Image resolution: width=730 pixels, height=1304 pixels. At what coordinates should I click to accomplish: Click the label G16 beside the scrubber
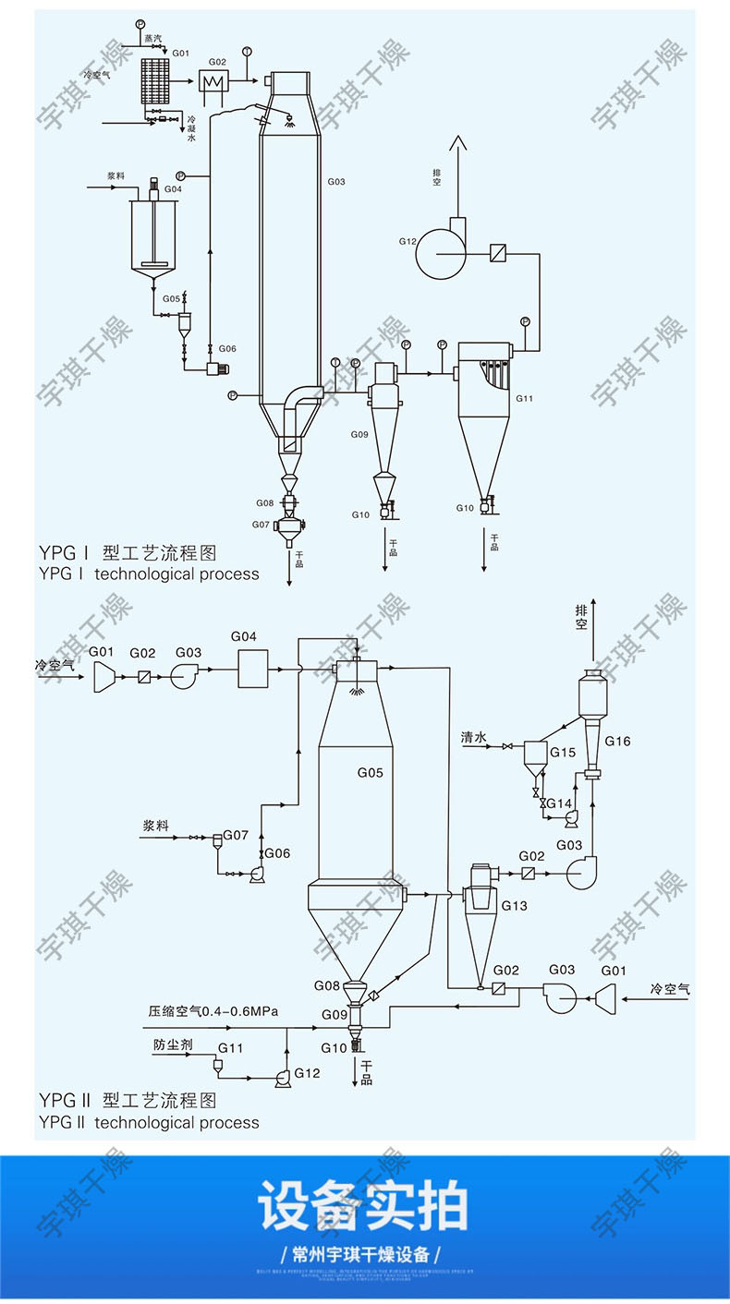(617, 741)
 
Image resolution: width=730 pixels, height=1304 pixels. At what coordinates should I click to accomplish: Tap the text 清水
(474, 737)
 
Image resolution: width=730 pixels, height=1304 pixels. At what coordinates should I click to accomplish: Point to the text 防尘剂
(173, 1046)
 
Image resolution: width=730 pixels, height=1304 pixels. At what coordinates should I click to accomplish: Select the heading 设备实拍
(363, 1204)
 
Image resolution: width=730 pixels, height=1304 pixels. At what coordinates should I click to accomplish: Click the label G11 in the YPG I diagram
(525, 399)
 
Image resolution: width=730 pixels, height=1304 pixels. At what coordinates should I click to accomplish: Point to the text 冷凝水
(191, 128)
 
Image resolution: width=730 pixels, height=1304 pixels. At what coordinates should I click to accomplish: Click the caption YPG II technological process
(149, 1122)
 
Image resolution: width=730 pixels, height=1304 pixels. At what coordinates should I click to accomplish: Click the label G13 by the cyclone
(514, 906)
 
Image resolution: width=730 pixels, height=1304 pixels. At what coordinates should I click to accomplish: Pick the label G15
(563, 752)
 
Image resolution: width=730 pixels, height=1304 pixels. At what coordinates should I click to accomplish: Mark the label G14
(559, 803)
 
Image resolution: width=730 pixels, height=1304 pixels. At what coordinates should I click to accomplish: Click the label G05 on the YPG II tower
(370, 772)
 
